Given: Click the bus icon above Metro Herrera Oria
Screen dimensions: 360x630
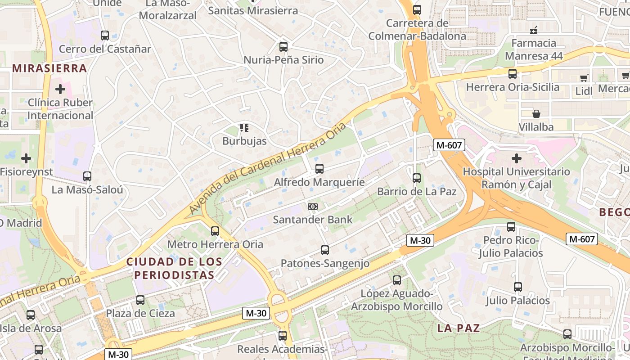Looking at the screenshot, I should point(215,231).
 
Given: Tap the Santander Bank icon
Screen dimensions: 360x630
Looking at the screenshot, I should point(313,207).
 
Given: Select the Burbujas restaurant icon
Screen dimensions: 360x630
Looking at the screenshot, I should point(244,128).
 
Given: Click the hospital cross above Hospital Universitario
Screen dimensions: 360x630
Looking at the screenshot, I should point(516,158).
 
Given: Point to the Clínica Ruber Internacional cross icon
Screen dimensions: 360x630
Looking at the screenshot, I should point(60,89).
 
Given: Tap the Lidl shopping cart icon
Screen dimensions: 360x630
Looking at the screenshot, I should point(584,78).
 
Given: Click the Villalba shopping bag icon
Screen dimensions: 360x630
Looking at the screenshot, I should point(536,114).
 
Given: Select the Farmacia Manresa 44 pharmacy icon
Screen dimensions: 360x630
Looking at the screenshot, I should point(534,30).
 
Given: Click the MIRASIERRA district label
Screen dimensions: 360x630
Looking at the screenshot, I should point(49,68).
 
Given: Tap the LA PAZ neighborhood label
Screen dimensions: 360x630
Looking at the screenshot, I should point(459,328).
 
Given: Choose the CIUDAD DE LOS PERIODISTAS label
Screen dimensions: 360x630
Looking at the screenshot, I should point(174,268).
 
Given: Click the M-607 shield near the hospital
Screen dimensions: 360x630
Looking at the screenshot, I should point(449,144).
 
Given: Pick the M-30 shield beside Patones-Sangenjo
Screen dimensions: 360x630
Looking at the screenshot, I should point(420,240).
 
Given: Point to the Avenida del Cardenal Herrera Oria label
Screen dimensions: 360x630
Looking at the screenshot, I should point(268,167).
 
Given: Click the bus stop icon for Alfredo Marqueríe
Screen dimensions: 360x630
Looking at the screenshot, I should point(319,169).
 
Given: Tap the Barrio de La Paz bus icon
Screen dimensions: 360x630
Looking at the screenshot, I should point(416,178).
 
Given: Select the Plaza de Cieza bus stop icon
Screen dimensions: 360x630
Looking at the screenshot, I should point(140,300).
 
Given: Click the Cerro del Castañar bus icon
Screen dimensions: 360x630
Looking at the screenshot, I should point(105,36).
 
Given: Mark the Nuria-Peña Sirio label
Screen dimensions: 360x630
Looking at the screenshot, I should point(283,60).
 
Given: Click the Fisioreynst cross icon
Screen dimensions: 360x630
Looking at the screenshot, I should point(26,158).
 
